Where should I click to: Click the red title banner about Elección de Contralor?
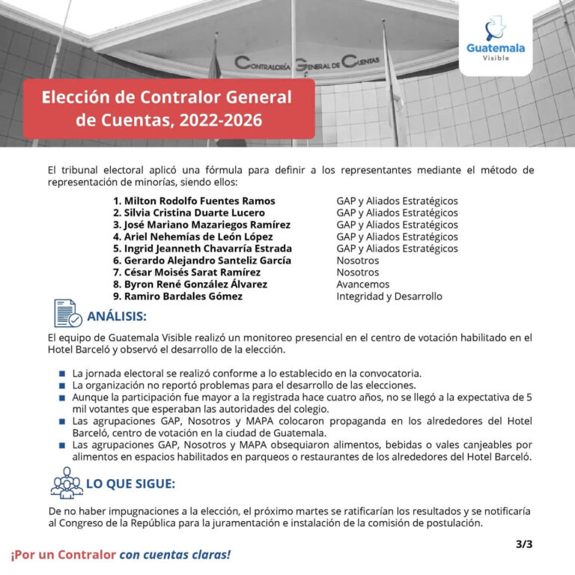[168, 108]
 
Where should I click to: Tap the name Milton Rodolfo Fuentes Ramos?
[194, 201]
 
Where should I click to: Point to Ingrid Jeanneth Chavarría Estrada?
[202, 249]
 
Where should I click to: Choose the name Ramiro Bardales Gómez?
[177, 296]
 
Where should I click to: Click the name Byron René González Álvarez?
[190, 285]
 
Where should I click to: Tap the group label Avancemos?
[362, 285]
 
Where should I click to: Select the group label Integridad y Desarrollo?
[389, 296]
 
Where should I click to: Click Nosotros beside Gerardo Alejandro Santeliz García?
[357, 261]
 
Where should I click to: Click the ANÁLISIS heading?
[117, 316]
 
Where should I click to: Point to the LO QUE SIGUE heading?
[130, 484]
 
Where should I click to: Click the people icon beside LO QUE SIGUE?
[67, 482]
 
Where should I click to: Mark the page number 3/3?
[524, 544]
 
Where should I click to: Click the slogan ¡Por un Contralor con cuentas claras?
[121, 555]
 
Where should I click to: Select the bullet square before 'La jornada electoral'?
[61, 373]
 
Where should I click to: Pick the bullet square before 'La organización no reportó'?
[61, 385]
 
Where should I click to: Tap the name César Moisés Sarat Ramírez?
[186, 273]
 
